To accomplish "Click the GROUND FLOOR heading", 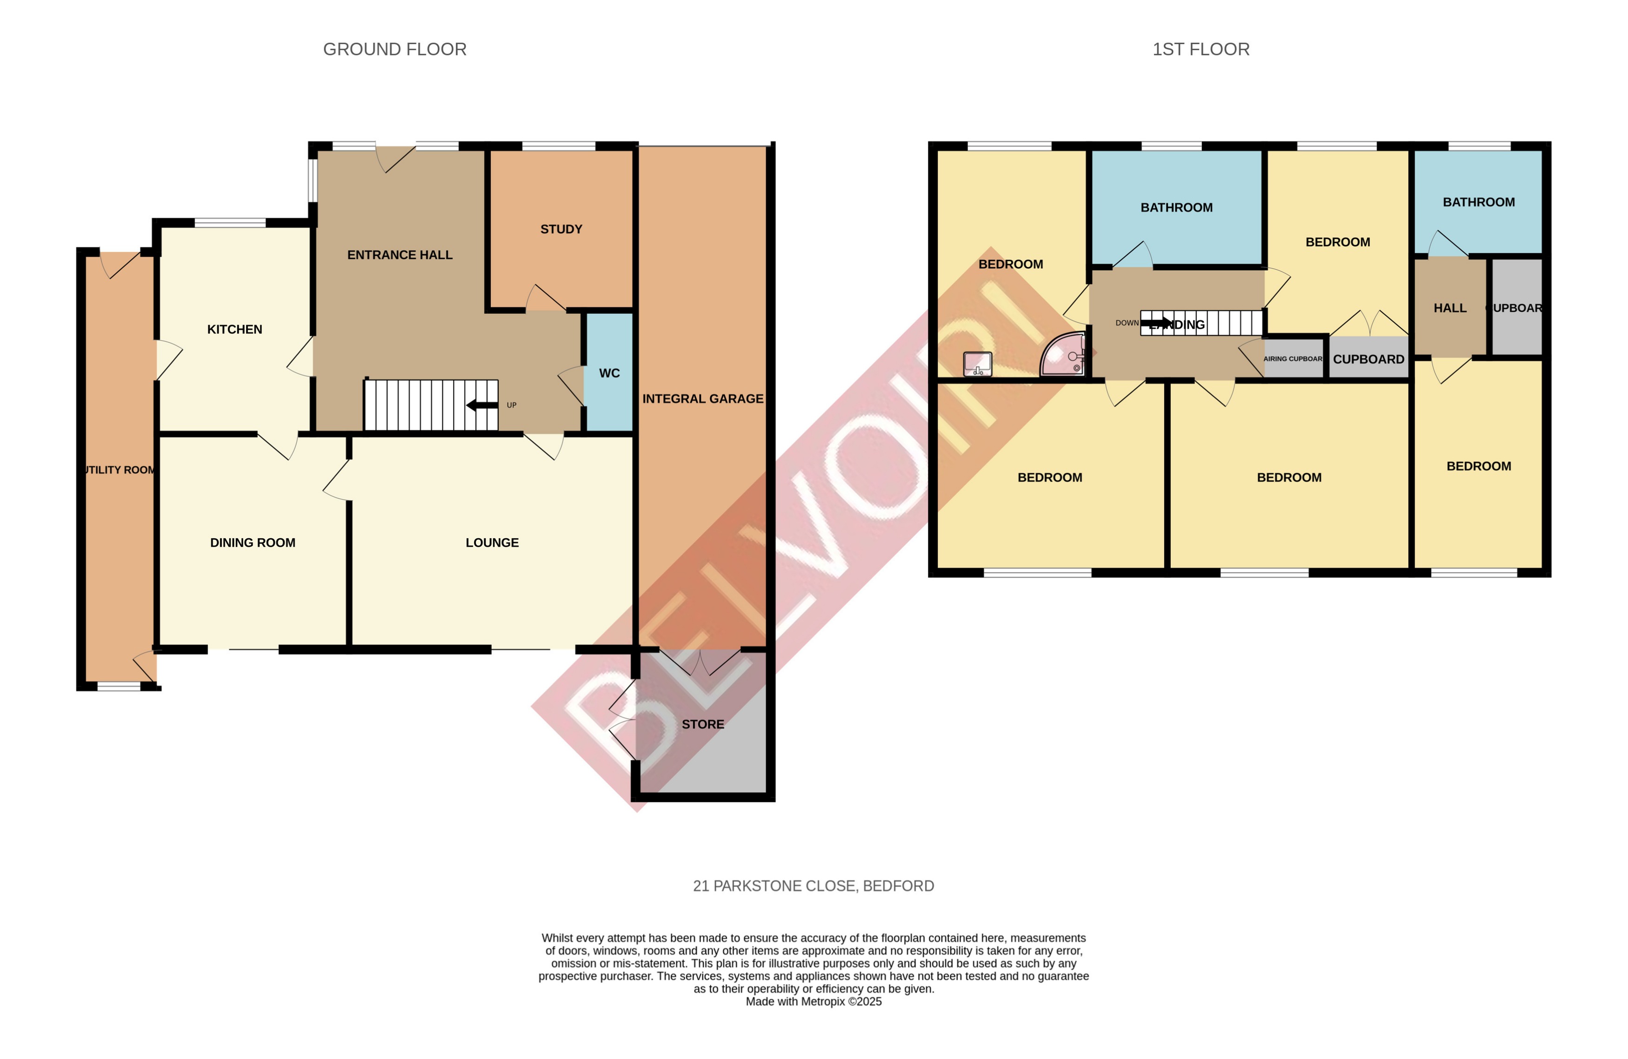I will click(395, 49).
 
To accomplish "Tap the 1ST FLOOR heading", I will click(1201, 49).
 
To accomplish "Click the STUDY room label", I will click(561, 229).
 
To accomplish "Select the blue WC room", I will click(609, 372).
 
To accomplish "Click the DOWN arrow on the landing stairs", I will click(1156, 323).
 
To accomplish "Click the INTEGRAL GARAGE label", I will click(702, 398).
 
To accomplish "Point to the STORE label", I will click(702, 724).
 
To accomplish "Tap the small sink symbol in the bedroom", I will click(977, 364).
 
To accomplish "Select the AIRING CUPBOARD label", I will click(1293, 359).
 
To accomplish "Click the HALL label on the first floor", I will click(1449, 308).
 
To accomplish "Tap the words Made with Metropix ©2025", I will click(814, 1001).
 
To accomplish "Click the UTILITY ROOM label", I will click(119, 470).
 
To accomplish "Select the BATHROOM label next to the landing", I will click(1176, 208).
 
